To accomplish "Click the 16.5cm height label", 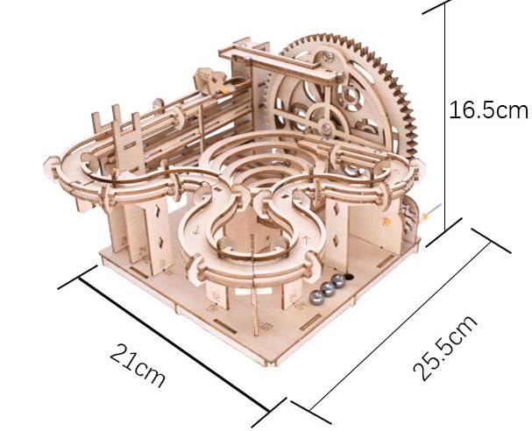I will pyautogui.click(x=489, y=110).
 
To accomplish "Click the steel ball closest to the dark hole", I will pyautogui.click(x=338, y=281).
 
